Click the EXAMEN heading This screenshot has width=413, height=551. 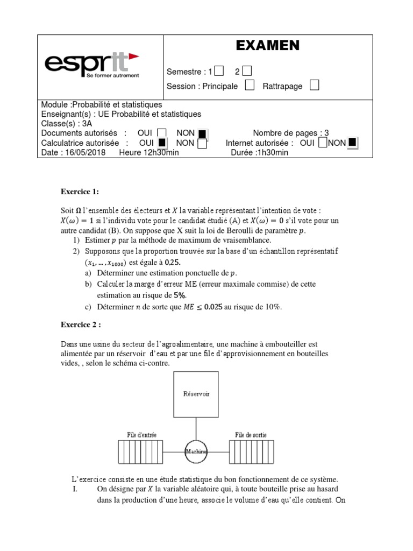tap(267, 46)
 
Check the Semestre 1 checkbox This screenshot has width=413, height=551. tap(219, 71)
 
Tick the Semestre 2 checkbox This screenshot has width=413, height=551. tap(247, 71)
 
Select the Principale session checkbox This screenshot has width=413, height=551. tap(250, 86)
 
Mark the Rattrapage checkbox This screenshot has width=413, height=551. tap(315, 86)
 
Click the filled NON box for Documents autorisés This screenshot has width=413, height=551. tap(202, 133)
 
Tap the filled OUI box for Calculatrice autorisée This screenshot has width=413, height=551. tap(162, 143)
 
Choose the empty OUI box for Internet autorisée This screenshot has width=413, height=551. tap(322, 143)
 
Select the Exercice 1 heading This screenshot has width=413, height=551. tap(80, 192)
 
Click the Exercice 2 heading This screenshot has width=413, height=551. tap(81, 324)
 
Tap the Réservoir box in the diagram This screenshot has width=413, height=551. tap(195, 394)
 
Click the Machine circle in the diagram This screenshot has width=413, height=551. tap(196, 451)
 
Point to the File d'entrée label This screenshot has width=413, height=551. tap(142, 434)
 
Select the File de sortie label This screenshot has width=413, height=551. tap(251, 434)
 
